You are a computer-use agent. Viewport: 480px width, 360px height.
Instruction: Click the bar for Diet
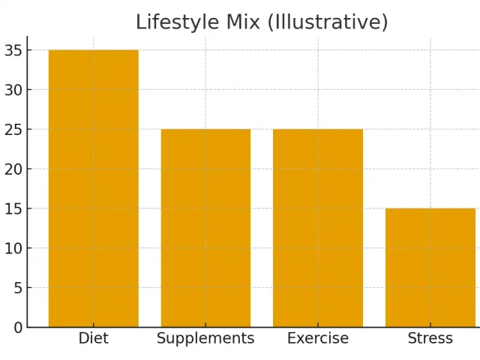94,188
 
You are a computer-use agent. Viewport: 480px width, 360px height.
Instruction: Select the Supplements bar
205,228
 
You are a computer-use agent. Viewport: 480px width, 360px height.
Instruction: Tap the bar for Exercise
318,228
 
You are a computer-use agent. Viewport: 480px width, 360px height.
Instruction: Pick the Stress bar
430,268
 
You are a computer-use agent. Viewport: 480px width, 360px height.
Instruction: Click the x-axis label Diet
94,339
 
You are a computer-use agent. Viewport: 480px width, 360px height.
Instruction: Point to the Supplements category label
205,339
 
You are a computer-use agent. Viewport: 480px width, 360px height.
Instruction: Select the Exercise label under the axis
318,339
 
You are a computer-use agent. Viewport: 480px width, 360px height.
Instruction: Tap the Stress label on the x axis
430,339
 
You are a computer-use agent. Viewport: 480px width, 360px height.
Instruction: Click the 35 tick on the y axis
13,50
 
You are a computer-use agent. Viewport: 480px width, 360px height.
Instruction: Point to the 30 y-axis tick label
13,90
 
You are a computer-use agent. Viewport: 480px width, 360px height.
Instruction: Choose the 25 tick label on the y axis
13,130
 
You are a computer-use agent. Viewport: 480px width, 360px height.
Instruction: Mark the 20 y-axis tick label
13,169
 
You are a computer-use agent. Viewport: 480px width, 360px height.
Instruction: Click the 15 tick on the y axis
13,208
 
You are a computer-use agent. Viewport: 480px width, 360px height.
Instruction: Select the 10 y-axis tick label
13,248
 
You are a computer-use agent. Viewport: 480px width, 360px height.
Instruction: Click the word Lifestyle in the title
172,22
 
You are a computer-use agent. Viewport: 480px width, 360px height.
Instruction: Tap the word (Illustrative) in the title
326,22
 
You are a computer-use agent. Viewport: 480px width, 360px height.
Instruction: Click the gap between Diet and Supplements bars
149,225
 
